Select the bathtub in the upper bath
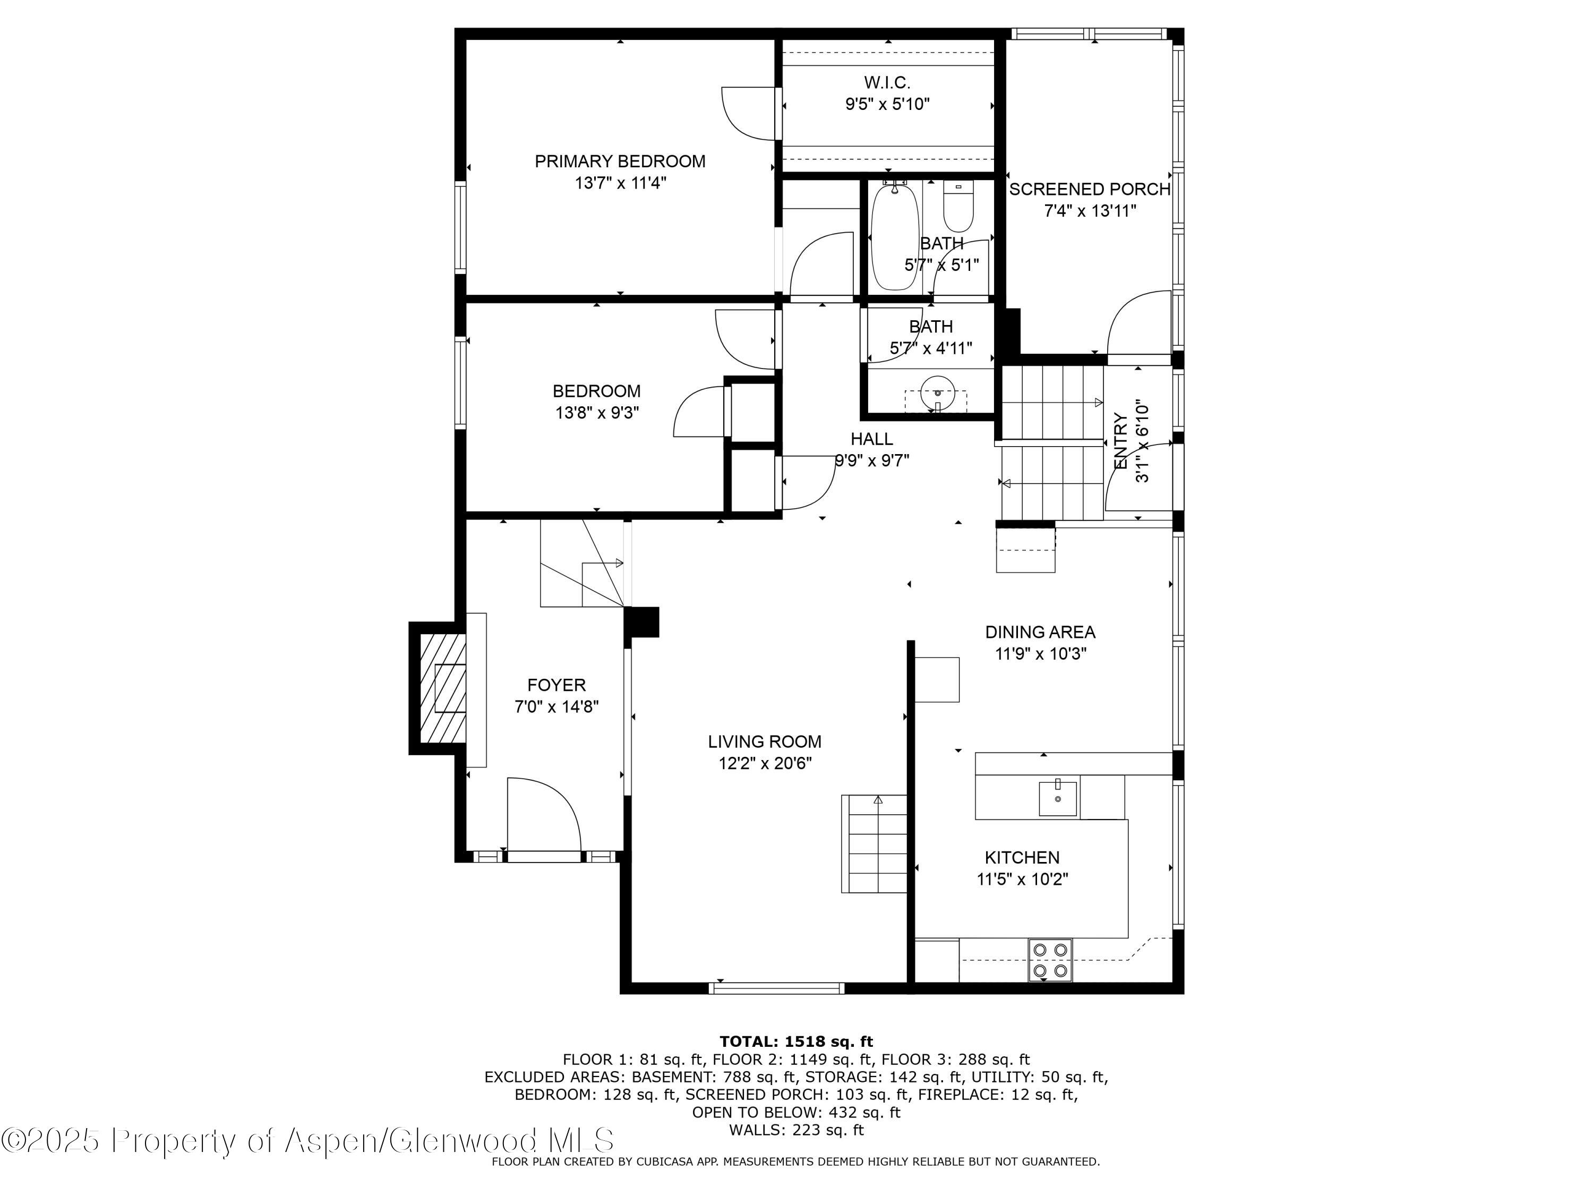[895, 237]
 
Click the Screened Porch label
[1089, 190]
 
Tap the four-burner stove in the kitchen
[1050, 960]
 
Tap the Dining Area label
[1040, 633]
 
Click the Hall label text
[871, 439]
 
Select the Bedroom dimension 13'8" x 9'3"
[597, 413]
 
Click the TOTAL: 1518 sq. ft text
[796, 1041]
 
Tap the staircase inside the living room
[873, 843]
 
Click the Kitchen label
[1022, 858]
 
